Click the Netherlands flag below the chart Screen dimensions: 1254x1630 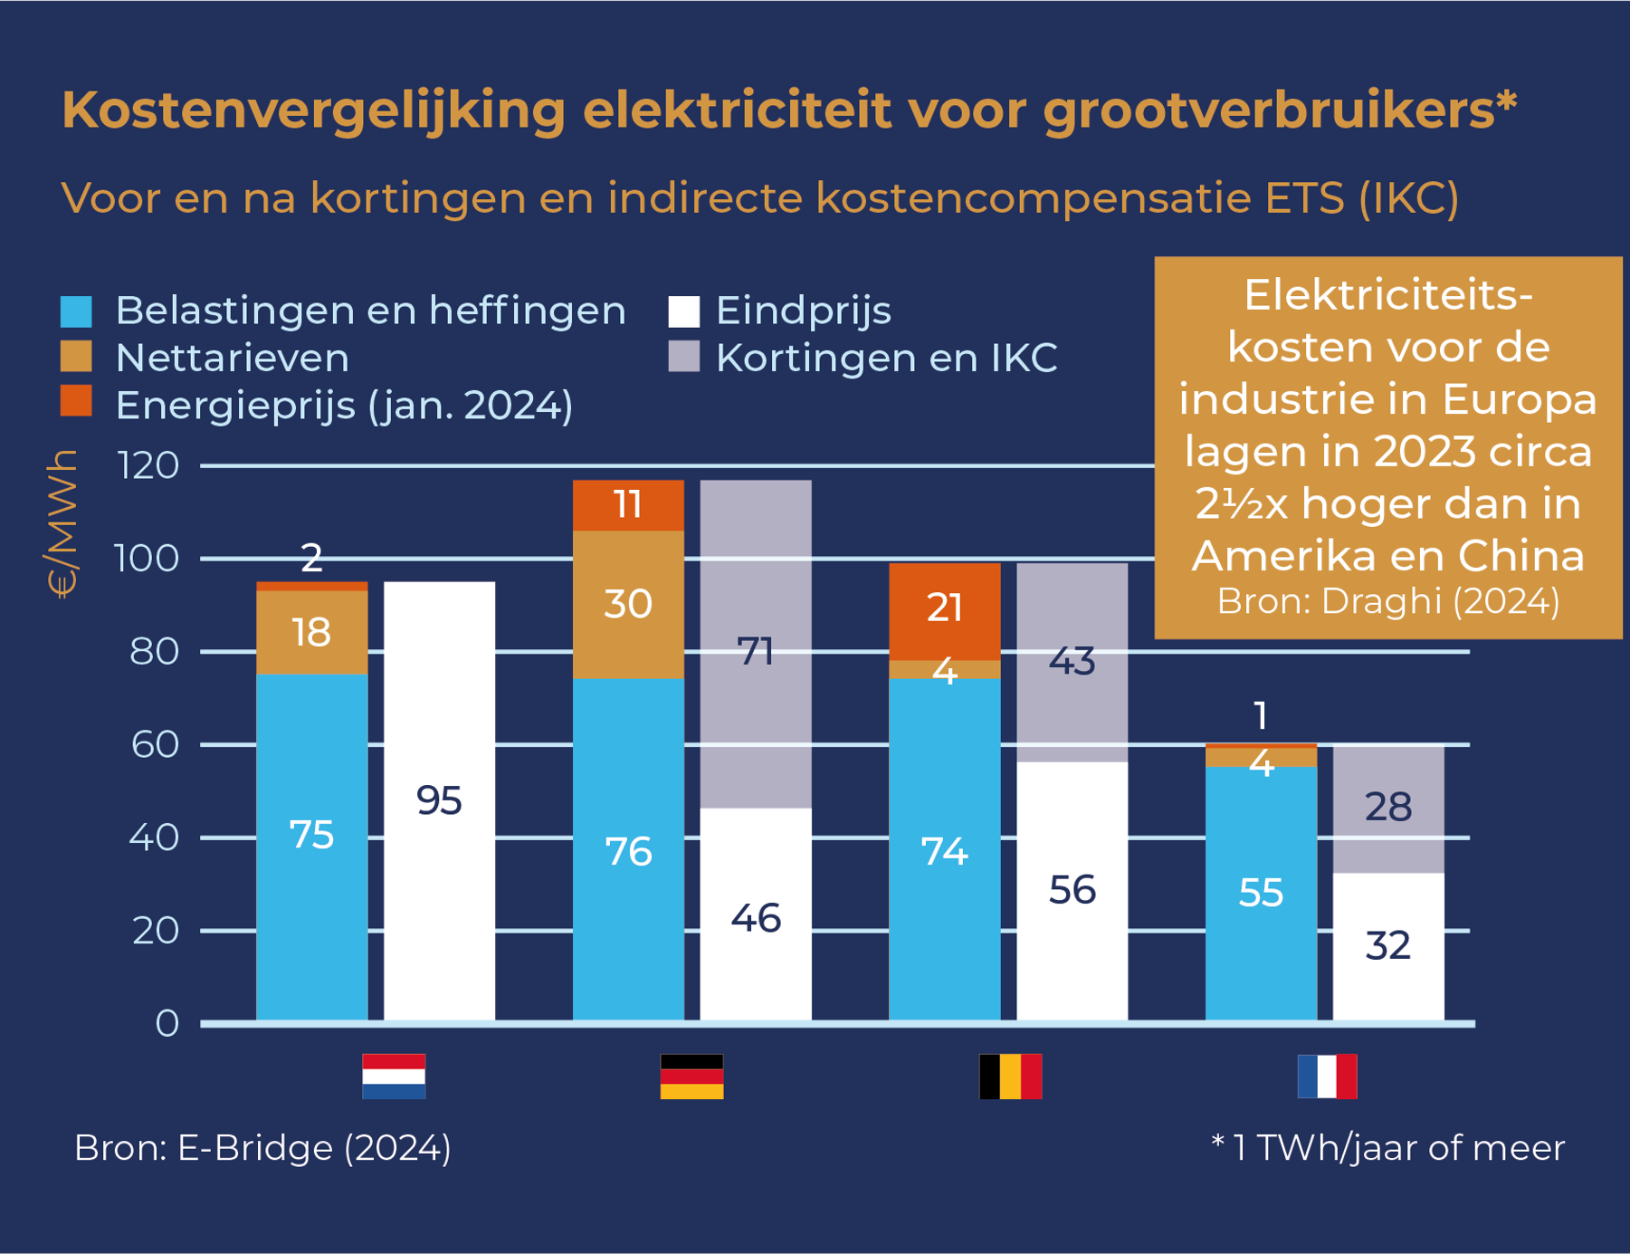tap(394, 1076)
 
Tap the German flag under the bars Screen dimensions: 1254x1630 tap(691, 1076)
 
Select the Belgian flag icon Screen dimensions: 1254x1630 tap(1010, 1076)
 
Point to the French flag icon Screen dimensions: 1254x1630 tap(1327, 1076)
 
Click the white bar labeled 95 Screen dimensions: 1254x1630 tap(439, 800)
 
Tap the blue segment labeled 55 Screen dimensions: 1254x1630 tap(1261, 893)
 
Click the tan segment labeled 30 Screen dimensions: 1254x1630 tap(628, 604)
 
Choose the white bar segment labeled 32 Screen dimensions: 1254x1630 tap(1388, 946)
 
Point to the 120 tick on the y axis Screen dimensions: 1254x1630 tap(148, 466)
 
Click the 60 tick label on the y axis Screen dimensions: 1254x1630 tap(154, 744)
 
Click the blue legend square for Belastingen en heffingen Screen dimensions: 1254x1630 tap(76, 311)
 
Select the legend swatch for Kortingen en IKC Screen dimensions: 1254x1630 tap(683, 357)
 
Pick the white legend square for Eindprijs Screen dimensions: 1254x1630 tap(683, 311)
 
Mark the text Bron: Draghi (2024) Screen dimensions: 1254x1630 tap(1387, 601)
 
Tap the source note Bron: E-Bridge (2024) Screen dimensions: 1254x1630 tap(262, 1148)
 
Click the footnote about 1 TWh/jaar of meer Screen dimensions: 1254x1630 tap(1387, 1148)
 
